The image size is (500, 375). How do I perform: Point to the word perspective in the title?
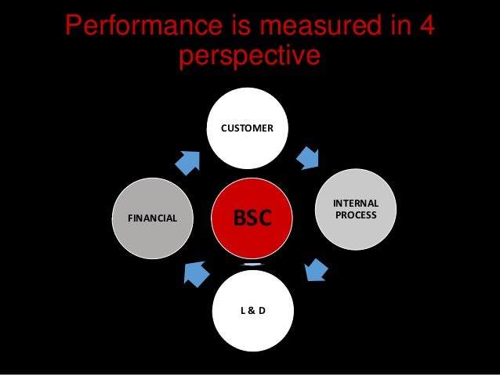click(249, 56)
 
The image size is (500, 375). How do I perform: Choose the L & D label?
click(252, 311)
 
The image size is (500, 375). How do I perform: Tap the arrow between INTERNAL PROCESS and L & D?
click(315, 270)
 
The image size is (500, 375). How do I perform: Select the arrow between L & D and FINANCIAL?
click(194, 273)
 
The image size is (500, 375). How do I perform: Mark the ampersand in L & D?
click(252, 311)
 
